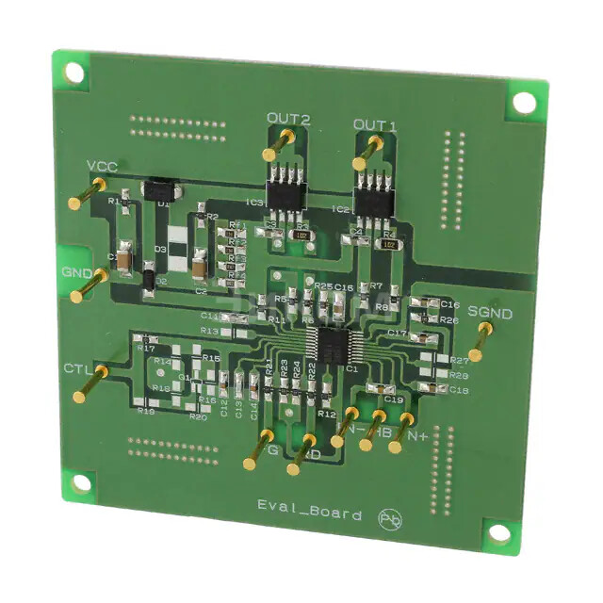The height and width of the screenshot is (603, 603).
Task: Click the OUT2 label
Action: tap(288, 119)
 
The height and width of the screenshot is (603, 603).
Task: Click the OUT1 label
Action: tap(375, 125)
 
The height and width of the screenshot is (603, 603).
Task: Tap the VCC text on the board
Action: tap(102, 167)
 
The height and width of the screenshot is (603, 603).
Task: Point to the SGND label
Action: tap(490, 313)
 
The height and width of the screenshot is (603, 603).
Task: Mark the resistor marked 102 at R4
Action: tap(388, 242)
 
